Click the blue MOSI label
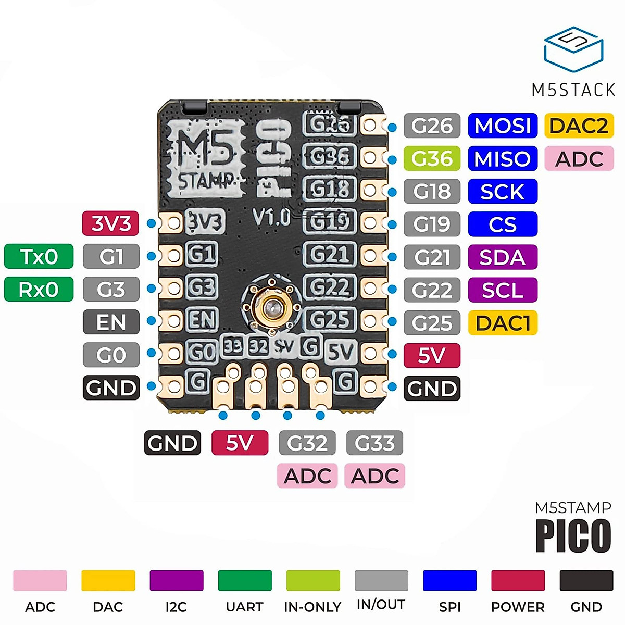pos(503,126)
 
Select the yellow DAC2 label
pos(579,126)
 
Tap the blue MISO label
pos(503,159)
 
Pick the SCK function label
pos(503,192)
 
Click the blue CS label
pos(503,224)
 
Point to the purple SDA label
pos(503,257)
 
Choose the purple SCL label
pos(503,290)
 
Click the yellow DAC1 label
pos(503,323)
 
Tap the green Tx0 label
pos(39,256)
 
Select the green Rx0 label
pos(39,289)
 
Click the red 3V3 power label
pos(111,223)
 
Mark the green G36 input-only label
pos(432,159)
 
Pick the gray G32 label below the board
pos(307,443)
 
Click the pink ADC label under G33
pos(374,476)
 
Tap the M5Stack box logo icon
pos(573,49)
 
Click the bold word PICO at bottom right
pos(573,535)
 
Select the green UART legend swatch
pos(245,580)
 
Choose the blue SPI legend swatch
pos(449,580)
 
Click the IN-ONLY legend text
pos(312,607)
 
